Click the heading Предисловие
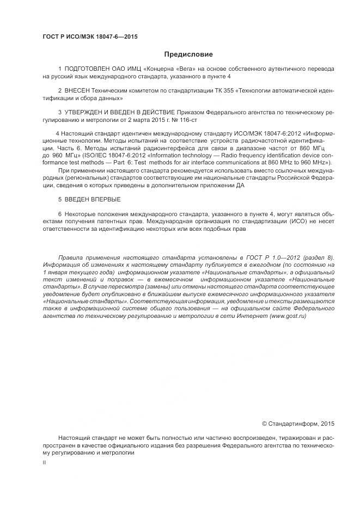coord(188,54)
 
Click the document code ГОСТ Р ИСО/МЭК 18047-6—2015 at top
coord(90,36)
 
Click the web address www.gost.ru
coord(288,316)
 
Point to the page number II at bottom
coord(44,462)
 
